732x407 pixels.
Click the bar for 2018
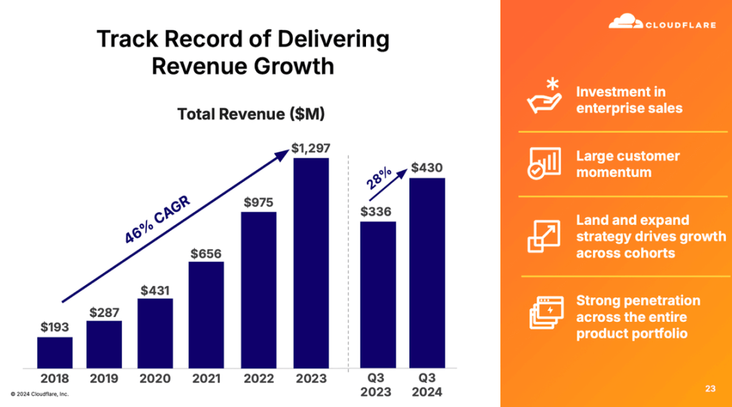55,352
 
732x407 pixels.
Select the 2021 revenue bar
206,314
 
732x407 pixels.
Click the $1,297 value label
311,147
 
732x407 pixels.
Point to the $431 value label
155,290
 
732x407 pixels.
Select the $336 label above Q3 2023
377,212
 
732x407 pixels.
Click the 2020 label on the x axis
155,379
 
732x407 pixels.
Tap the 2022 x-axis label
258,379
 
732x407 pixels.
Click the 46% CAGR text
157,219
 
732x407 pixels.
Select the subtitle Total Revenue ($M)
251,114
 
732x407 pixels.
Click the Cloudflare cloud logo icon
625,22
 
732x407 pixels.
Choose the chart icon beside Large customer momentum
544,163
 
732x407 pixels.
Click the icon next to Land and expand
544,236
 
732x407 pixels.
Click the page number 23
710,389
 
